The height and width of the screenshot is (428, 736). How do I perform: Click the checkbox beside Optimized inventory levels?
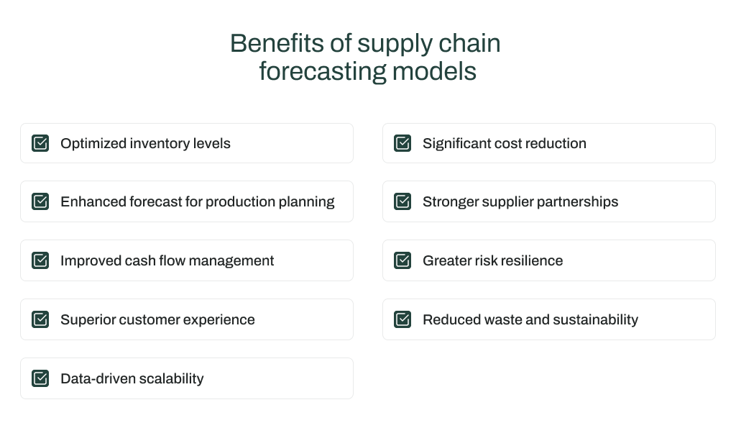(x=40, y=143)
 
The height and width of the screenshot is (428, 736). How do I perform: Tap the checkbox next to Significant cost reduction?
(x=402, y=143)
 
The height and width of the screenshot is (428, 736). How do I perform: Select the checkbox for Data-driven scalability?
(x=40, y=378)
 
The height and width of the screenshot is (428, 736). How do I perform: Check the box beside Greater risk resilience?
(x=402, y=260)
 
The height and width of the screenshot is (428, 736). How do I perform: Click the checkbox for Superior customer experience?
(x=40, y=319)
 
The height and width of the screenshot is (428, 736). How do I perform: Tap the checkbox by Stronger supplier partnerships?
(x=402, y=201)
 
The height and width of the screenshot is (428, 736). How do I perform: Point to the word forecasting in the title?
(x=322, y=72)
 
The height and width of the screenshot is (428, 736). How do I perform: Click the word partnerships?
(x=578, y=202)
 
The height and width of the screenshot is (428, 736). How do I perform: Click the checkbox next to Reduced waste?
(x=402, y=319)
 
